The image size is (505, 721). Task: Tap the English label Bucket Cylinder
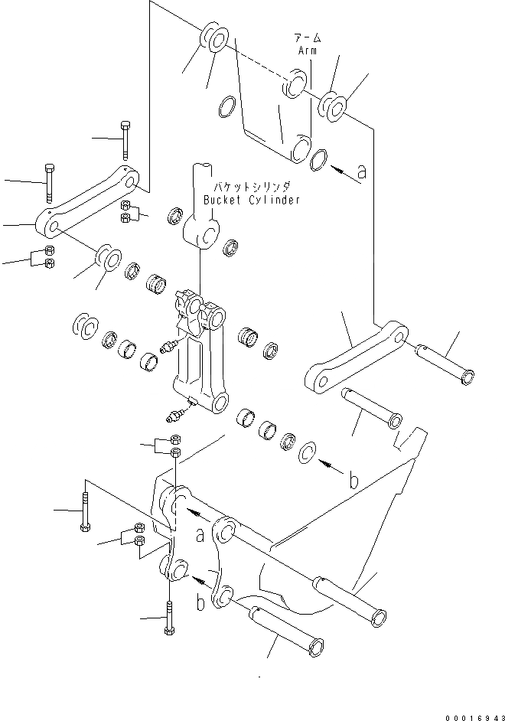(x=252, y=199)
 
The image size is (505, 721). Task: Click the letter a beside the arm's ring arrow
(x=361, y=172)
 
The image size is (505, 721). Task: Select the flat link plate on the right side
(x=356, y=357)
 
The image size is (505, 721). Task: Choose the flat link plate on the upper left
(x=90, y=201)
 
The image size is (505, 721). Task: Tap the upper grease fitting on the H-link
(x=167, y=348)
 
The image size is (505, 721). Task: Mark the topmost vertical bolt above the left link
(x=125, y=139)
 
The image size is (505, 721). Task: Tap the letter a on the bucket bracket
(x=199, y=536)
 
